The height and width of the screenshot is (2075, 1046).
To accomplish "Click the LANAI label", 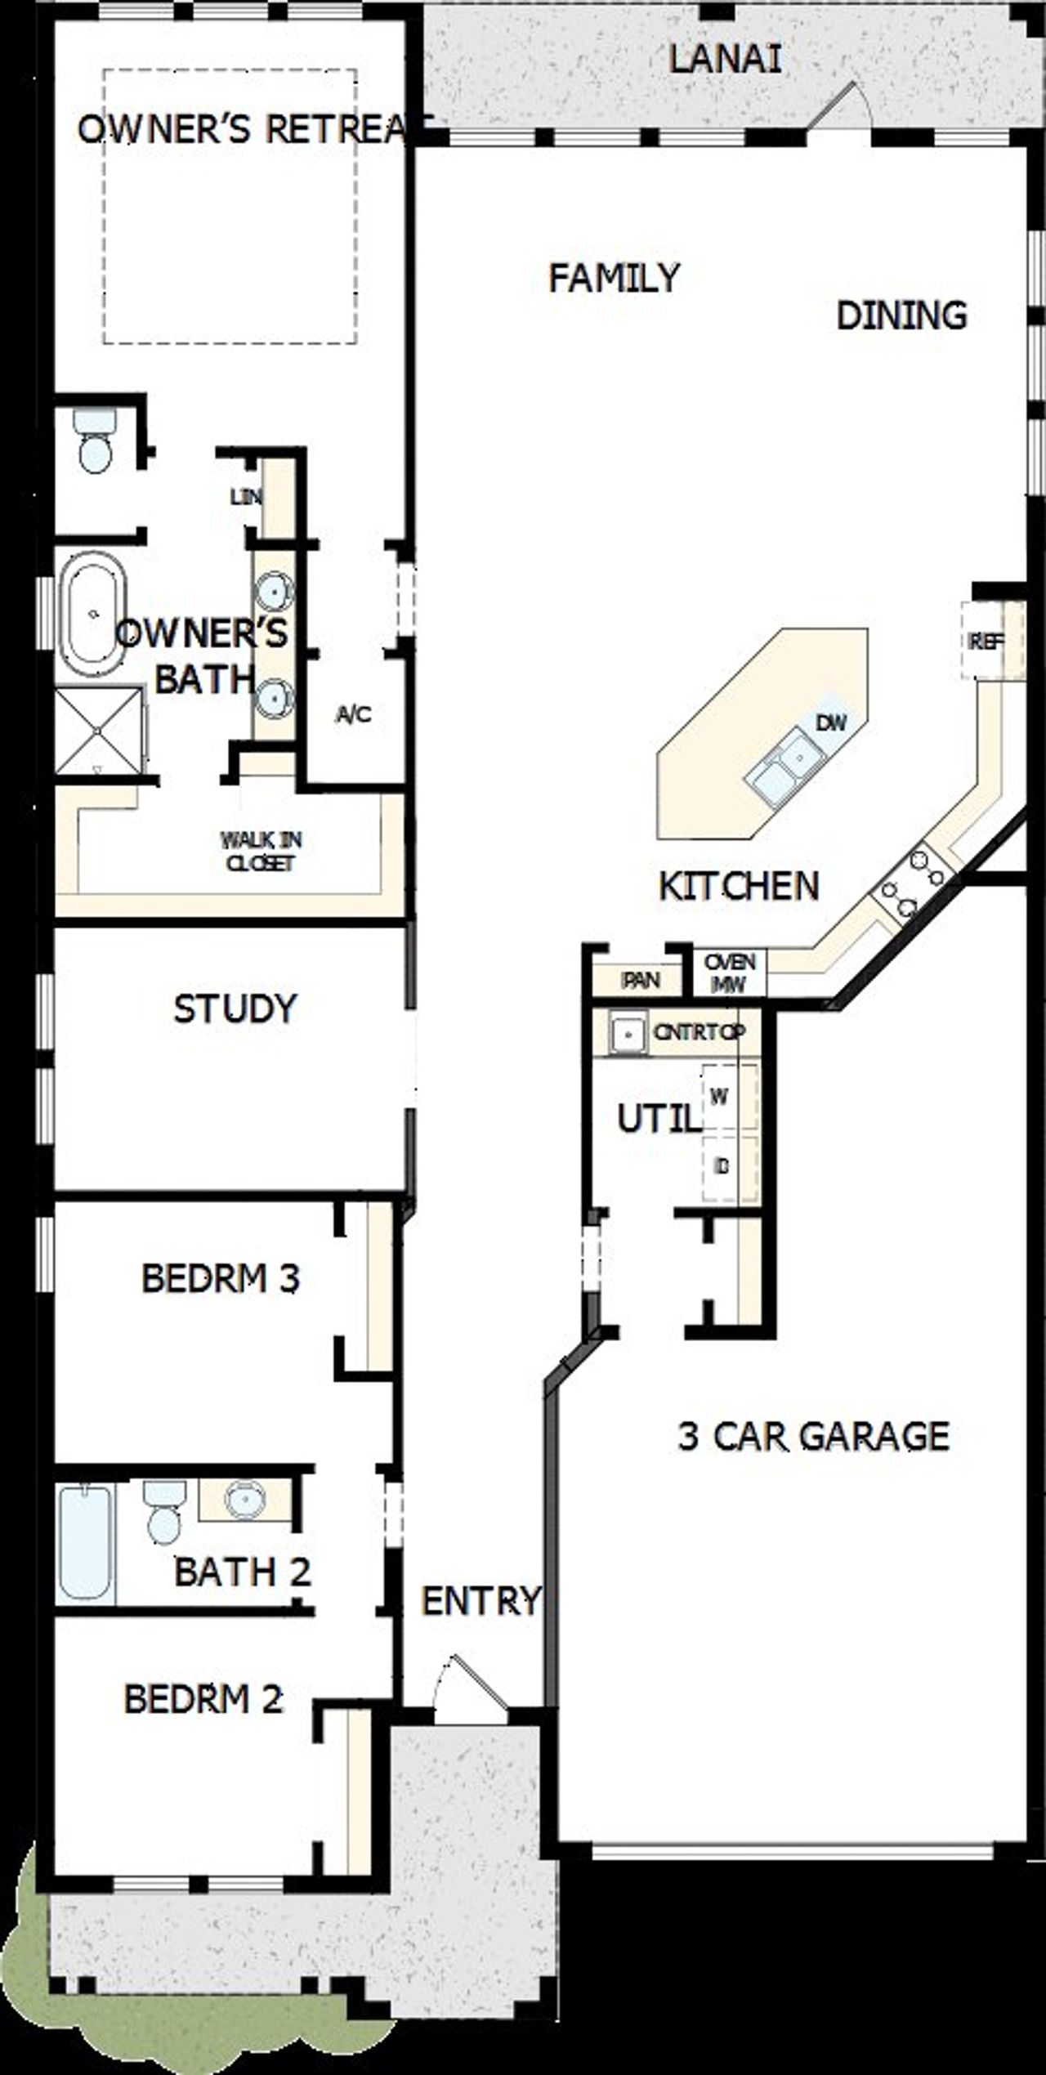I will [x=725, y=60].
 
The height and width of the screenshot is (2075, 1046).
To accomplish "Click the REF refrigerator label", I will [x=986, y=642].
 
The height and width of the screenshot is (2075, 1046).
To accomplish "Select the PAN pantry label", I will [x=640, y=980].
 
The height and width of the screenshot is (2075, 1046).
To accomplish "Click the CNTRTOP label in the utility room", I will [x=699, y=1032].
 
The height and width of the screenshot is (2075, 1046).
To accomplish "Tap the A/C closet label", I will [x=353, y=715].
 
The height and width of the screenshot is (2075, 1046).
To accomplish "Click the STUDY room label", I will [x=235, y=1008].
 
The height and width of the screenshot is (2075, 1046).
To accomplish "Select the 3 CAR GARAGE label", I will [x=813, y=1436].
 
